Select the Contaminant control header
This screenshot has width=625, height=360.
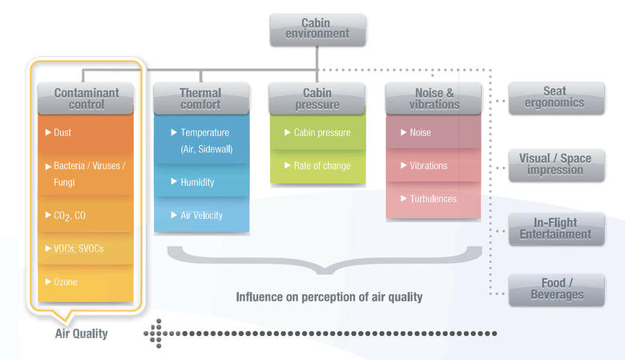[x=86, y=99]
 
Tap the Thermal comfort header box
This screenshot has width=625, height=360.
[x=200, y=99]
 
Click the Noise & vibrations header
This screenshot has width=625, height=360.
[x=433, y=99]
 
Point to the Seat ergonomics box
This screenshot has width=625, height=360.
[x=555, y=98]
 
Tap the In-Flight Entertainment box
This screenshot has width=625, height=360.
[x=555, y=229]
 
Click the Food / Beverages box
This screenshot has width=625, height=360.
[x=555, y=289]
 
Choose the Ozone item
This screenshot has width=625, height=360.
[x=66, y=283]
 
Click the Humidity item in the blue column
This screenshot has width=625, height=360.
[x=197, y=182]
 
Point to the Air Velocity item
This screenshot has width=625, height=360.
[x=201, y=216]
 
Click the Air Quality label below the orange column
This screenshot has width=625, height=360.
[x=81, y=334]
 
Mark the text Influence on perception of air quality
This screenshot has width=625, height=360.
[x=329, y=297]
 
